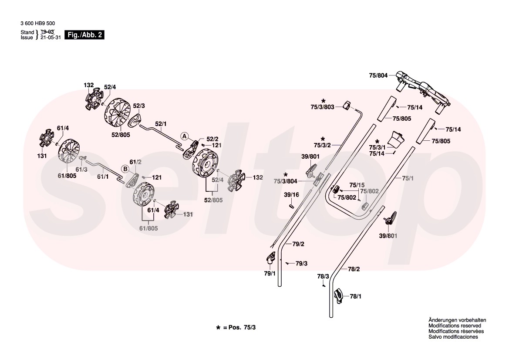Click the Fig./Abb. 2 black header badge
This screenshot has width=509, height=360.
coord(84,35)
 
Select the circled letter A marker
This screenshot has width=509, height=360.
coord(185,136)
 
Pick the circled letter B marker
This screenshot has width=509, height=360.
coord(125,168)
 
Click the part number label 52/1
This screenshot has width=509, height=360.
coord(160,124)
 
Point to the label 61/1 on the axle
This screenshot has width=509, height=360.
coord(103,177)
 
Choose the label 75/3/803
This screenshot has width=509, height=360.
coord(322,106)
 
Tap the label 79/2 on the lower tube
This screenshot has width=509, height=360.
coord(298,244)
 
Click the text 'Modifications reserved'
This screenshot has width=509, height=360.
coord(455,326)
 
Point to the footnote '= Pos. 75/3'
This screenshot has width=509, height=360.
coord(239,327)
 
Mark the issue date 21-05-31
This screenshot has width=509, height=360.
coord(51,37)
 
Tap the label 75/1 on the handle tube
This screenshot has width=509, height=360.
coord(408,178)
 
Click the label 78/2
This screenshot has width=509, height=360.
coord(354,269)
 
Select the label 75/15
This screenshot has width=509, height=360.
coord(357,185)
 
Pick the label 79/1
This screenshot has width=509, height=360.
coord(270,273)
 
